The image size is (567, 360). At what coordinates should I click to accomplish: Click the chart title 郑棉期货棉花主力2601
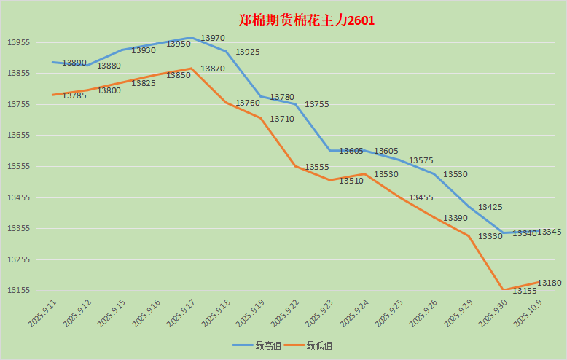pyautogui.click(x=306, y=20)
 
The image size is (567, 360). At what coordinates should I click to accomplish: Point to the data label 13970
pyautogui.click(x=213, y=38)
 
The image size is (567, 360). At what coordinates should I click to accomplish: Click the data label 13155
pyautogui.click(x=525, y=291)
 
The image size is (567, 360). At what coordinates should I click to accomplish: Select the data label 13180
pyautogui.click(x=549, y=283)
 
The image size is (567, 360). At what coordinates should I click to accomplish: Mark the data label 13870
pyautogui.click(x=213, y=69)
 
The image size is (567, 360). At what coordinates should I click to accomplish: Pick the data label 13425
pyautogui.click(x=490, y=208)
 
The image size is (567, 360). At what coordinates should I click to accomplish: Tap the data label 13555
pyautogui.click(x=317, y=167)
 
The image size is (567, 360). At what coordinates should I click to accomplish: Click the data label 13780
pyautogui.click(x=282, y=97)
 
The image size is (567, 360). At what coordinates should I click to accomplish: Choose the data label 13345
pyautogui.click(x=549, y=232)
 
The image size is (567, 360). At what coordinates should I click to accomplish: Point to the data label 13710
pyautogui.click(x=282, y=119)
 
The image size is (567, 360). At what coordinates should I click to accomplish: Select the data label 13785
pyautogui.click(x=74, y=95)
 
